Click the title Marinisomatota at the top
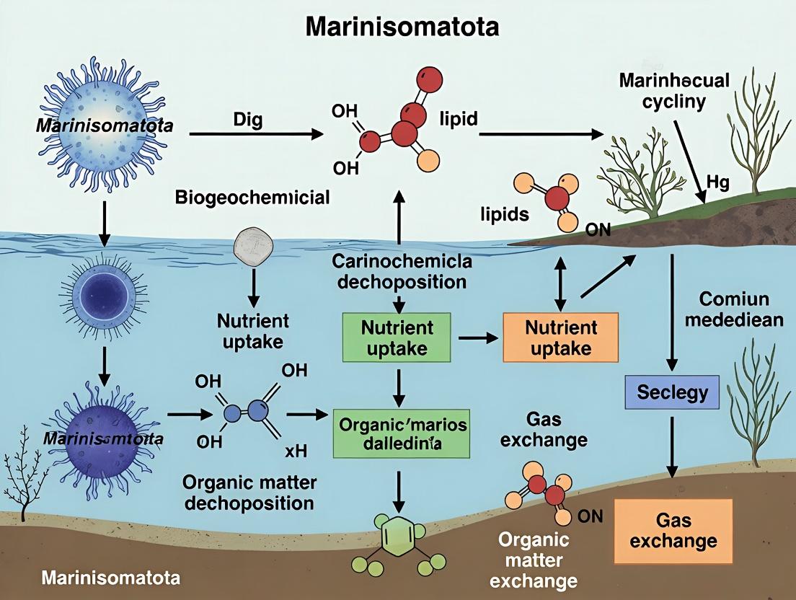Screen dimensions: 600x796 click(x=402, y=27)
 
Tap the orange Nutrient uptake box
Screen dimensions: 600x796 click(x=561, y=337)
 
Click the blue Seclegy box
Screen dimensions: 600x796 click(x=672, y=392)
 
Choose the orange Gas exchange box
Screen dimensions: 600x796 click(x=667, y=530)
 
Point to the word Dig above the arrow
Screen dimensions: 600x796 click(x=248, y=119)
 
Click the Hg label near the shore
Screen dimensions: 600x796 click(x=717, y=183)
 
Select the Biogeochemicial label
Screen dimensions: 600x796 click(x=252, y=196)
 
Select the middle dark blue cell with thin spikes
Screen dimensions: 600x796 click(x=105, y=299)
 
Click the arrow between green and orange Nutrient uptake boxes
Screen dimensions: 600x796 click(x=476, y=337)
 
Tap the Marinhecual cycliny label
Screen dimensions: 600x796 click(x=674, y=89)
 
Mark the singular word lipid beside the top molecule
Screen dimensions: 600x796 click(x=458, y=119)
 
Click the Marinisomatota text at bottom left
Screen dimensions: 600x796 click(x=110, y=578)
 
